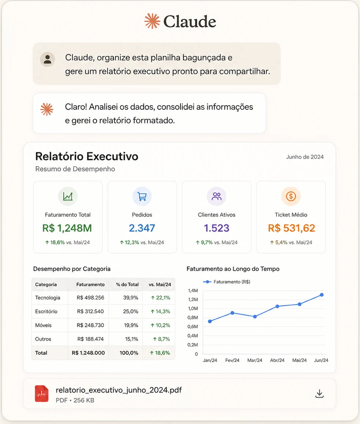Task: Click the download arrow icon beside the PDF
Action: coord(319,394)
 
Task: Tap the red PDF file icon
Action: coord(42,394)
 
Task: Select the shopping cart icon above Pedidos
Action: coord(142,196)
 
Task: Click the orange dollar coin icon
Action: coord(291,196)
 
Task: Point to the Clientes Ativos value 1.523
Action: coord(216,228)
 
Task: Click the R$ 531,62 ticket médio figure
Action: coord(291,228)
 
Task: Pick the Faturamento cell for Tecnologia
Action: coord(90,298)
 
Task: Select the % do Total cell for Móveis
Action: coord(131,325)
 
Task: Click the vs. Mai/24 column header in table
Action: coord(160,284)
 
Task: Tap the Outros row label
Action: coord(43,339)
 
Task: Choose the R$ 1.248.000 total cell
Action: coord(88,353)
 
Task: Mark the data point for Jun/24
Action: coord(322,295)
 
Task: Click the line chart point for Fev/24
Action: coord(232,313)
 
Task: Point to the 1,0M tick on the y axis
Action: coord(193,309)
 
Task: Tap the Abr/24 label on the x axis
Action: coord(277,360)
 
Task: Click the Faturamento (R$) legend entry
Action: coord(227,282)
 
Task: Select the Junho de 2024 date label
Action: coord(305,157)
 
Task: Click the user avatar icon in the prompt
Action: coord(48,59)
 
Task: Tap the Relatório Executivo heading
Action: coord(87,156)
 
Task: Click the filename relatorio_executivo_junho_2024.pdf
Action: coord(119,390)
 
